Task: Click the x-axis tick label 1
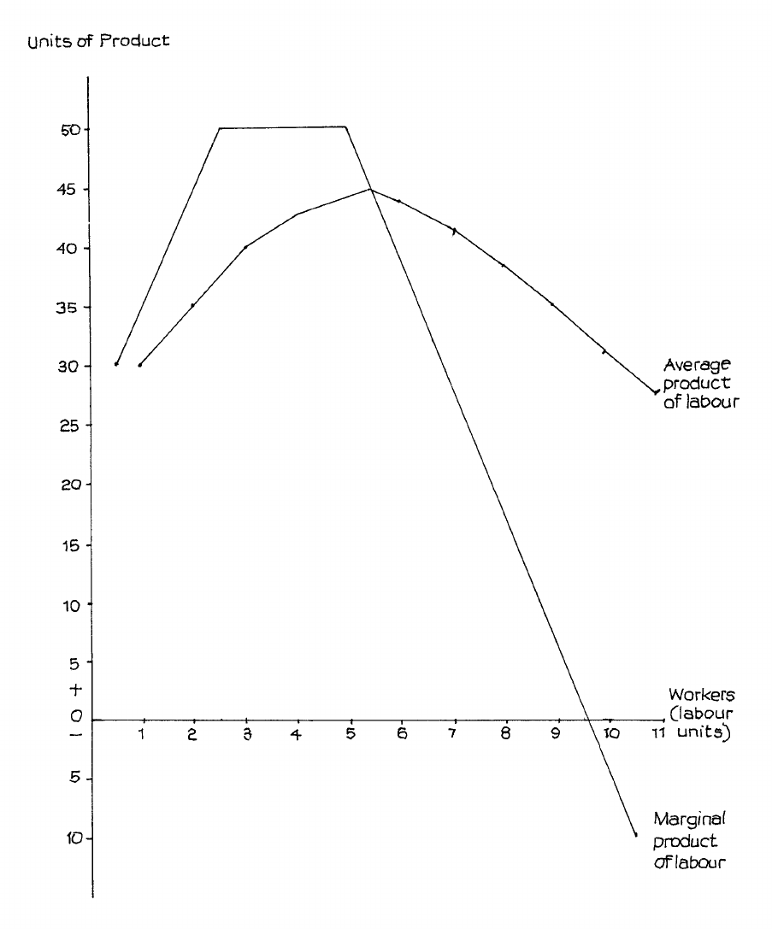(x=142, y=734)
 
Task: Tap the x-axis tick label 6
(x=401, y=734)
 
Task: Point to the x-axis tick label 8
(x=505, y=734)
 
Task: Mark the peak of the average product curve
(x=370, y=189)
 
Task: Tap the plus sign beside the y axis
(x=75, y=689)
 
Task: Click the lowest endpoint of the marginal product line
(x=635, y=835)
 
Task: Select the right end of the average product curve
(x=656, y=392)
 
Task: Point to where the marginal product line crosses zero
(x=587, y=720)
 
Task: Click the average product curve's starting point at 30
(x=139, y=365)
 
